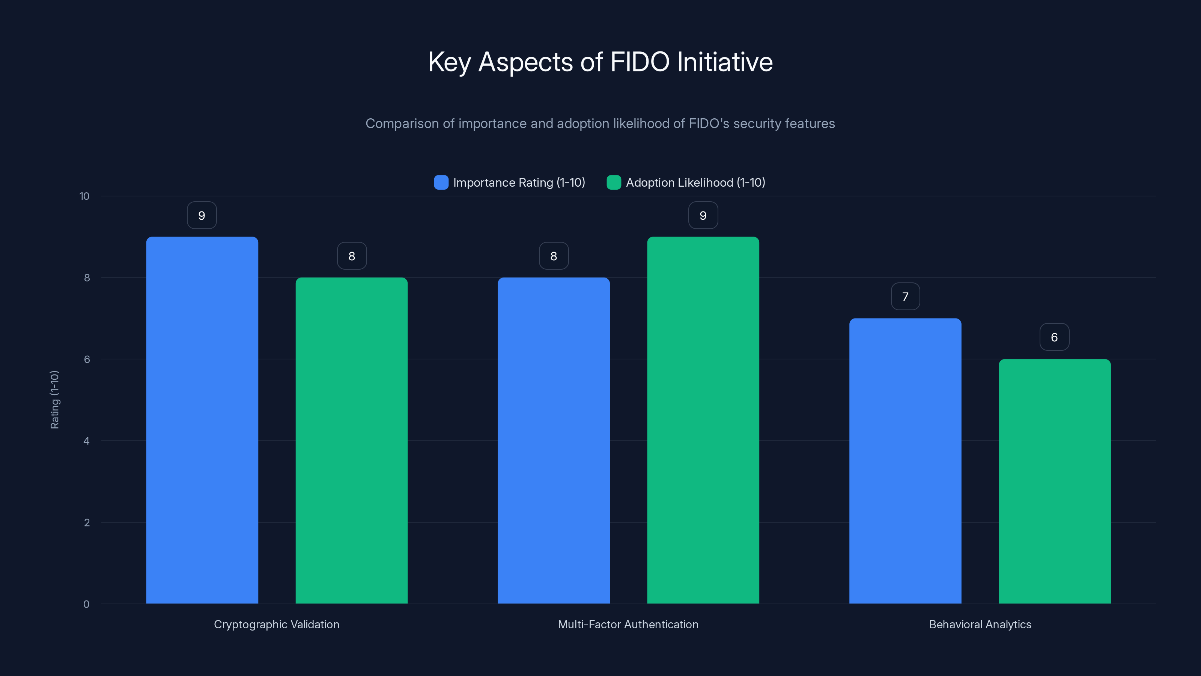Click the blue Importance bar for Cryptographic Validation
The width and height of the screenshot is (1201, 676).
[202, 420]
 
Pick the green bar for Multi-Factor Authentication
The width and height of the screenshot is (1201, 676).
[703, 420]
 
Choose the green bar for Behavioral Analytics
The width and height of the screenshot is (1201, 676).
[1055, 481]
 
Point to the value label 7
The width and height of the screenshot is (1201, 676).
[905, 297]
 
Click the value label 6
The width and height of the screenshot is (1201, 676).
[1055, 337]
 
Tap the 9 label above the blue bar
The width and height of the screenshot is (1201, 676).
[202, 216]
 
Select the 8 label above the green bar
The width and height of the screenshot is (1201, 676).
[352, 256]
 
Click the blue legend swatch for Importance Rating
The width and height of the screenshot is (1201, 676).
[441, 183]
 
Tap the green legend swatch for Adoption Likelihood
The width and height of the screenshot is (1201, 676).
[614, 183]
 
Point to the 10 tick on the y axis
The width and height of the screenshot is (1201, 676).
[84, 196]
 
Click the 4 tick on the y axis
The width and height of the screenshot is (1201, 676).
[86, 441]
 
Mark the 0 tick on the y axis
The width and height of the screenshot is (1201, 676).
[86, 605]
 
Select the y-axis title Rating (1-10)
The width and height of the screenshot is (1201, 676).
[54, 400]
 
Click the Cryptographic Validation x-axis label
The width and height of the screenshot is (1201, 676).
[277, 625]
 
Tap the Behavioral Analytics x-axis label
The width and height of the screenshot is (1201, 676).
[980, 625]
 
